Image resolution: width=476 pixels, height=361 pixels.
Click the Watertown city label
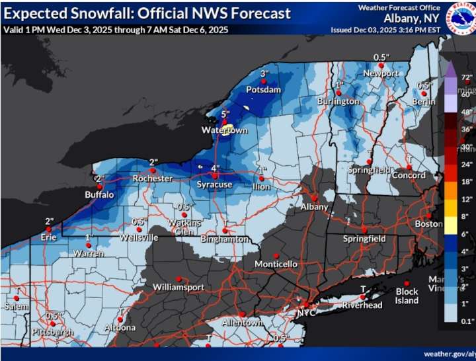point(224,131)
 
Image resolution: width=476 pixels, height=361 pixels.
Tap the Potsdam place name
point(264,89)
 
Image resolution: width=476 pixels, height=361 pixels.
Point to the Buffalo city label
point(99,195)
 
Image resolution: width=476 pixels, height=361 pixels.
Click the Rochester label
point(153,179)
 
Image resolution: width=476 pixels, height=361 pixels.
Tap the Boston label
point(429,224)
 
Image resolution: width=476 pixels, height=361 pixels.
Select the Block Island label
point(407,296)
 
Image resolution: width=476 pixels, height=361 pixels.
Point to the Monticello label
point(276,264)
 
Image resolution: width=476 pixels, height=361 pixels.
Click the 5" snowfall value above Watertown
point(225,114)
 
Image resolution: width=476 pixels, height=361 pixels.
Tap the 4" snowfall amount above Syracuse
point(215,168)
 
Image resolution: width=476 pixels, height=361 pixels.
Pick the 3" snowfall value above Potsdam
point(264,73)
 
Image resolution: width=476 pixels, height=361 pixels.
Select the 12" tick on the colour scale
point(467,199)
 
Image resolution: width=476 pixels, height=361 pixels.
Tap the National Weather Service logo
point(461,17)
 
